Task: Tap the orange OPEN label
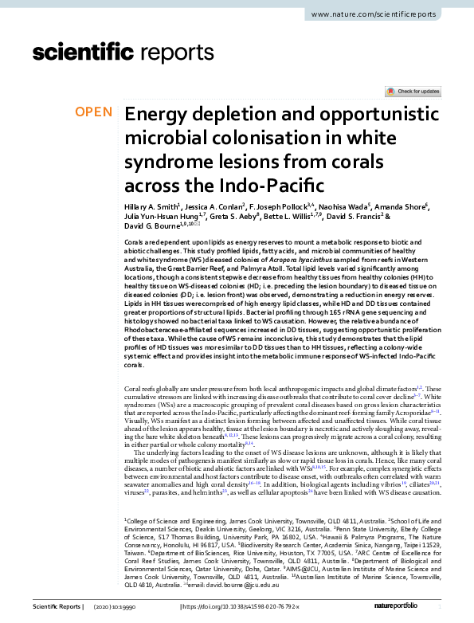point(94,112)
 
